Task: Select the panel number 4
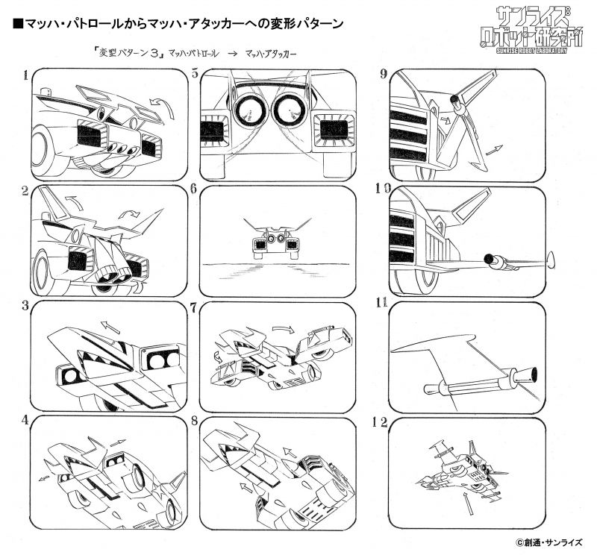tap(26, 419)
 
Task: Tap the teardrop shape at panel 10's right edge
tap(551, 259)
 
